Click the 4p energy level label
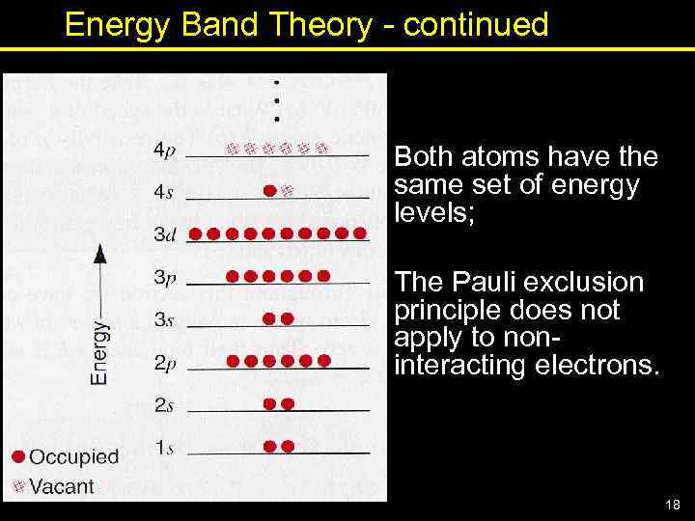pos(163,151)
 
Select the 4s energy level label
pos(163,192)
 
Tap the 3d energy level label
pos(163,234)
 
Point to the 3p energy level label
pos(163,277)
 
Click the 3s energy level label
pos(163,319)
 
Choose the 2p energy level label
pos(163,363)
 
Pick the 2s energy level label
pos(163,405)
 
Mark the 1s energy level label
pos(163,447)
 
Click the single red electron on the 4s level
pos(270,190)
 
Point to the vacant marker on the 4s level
pos(287,190)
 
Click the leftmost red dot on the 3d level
pos(195,233)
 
